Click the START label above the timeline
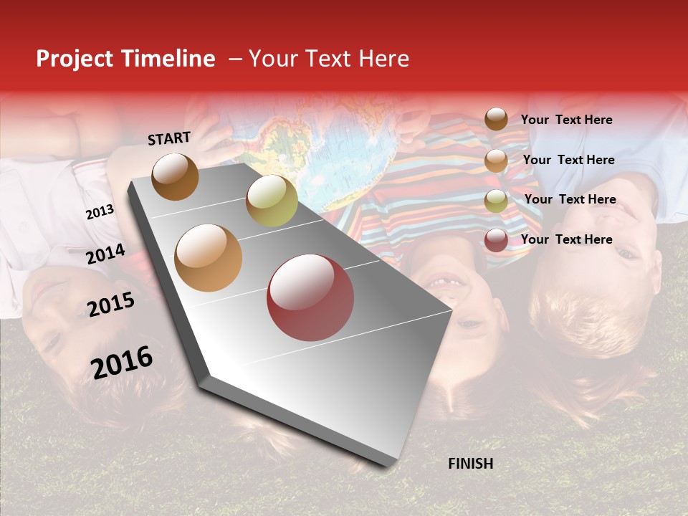coord(169,138)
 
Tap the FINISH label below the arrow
coord(470,464)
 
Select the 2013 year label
coord(100,212)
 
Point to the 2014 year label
coord(105,254)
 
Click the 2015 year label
coord(110,305)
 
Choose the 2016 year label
coord(122,363)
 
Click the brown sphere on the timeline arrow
coord(175,176)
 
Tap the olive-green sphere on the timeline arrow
coord(272,201)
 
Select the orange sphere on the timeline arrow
coord(208,258)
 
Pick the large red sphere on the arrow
coord(310,297)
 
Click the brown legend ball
coord(496,119)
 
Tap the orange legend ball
coord(496,161)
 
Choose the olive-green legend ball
coord(496,201)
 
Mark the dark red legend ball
coord(496,240)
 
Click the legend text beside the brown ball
coord(566,120)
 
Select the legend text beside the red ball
coord(566,239)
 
